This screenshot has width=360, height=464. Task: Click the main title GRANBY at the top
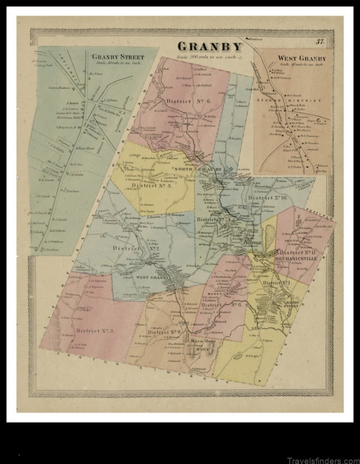pyautogui.click(x=210, y=46)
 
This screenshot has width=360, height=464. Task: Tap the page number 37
pyautogui.click(x=320, y=42)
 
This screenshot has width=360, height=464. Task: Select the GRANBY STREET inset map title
pyautogui.click(x=118, y=57)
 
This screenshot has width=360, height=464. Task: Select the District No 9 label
pyautogui.click(x=164, y=332)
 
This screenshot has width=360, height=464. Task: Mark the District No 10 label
pyautogui.click(x=268, y=198)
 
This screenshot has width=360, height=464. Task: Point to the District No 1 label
pyautogui.click(x=277, y=283)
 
